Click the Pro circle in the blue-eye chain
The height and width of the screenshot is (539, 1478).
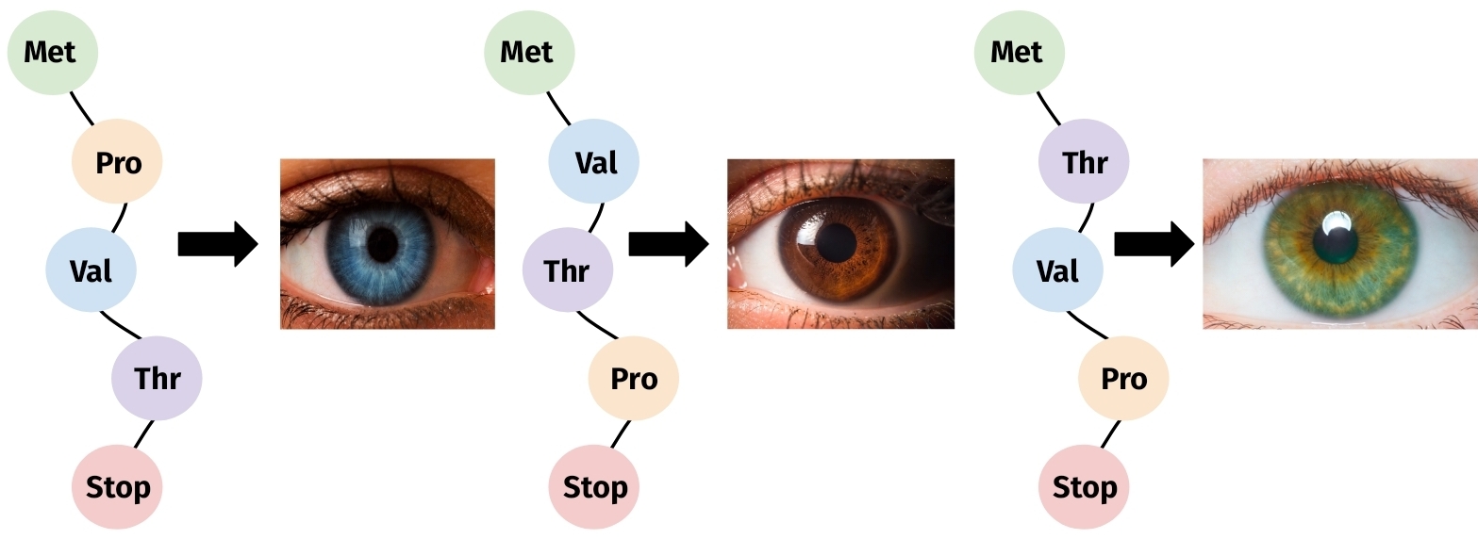click(x=117, y=161)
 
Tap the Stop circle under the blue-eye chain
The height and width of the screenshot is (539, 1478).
click(x=117, y=487)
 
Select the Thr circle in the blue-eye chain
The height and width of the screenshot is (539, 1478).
click(x=157, y=378)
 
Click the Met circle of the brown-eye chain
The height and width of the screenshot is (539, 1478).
click(x=529, y=52)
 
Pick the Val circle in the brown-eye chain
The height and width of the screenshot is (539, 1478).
click(x=594, y=161)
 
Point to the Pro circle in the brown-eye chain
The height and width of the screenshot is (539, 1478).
click(x=634, y=378)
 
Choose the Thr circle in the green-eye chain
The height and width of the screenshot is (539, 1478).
click(x=1084, y=161)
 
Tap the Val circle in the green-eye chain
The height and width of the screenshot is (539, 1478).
click(x=1057, y=269)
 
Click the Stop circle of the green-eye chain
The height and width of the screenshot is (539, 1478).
click(x=1084, y=487)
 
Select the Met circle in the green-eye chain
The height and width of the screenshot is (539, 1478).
click(x=1020, y=52)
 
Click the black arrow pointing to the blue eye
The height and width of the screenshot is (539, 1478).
click(x=218, y=244)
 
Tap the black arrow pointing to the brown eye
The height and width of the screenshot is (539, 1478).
click(x=669, y=244)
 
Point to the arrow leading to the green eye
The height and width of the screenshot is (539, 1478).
click(x=1154, y=244)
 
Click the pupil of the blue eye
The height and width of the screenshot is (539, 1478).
click(x=382, y=244)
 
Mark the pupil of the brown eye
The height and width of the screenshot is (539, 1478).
click(x=836, y=243)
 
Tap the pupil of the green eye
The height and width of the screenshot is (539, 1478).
click(x=1336, y=240)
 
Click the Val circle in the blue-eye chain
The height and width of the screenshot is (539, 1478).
click(x=91, y=269)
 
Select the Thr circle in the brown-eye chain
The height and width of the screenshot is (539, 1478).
click(x=568, y=269)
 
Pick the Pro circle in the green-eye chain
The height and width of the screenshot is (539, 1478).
click(x=1123, y=378)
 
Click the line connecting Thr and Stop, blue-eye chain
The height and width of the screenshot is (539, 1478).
click(x=144, y=434)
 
